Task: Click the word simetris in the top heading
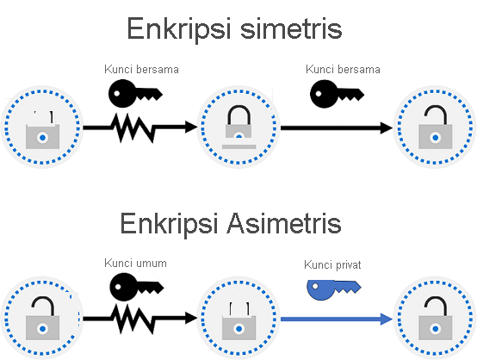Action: pos(292,28)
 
